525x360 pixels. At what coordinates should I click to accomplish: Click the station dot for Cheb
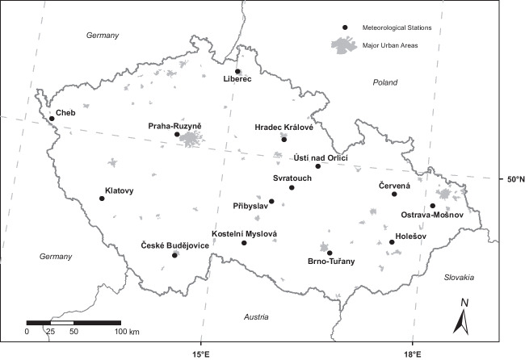(x=52, y=119)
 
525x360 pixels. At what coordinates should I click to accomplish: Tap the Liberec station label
(x=238, y=78)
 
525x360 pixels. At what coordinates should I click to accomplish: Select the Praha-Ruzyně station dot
(x=177, y=134)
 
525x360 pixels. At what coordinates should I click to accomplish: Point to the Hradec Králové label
(x=283, y=128)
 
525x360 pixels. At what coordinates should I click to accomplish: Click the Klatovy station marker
(x=102, y=198)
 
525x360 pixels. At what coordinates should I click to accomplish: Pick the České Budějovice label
(x=174, y=245)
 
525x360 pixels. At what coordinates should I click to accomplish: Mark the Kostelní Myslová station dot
(x=244, y=242)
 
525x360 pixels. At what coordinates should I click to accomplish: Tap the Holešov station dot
(x=392, y=242)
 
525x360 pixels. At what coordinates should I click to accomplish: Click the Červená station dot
(x=394, y=194)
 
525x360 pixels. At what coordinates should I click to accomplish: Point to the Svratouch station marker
(x=292, y=187)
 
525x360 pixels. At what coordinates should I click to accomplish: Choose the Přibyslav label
(x=250, y=206)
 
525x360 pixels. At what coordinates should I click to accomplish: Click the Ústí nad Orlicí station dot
(x=318, y=166)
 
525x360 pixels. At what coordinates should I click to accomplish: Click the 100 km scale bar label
(x=128, y=332)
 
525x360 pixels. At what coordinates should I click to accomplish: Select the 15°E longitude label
(x=201, y=353)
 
